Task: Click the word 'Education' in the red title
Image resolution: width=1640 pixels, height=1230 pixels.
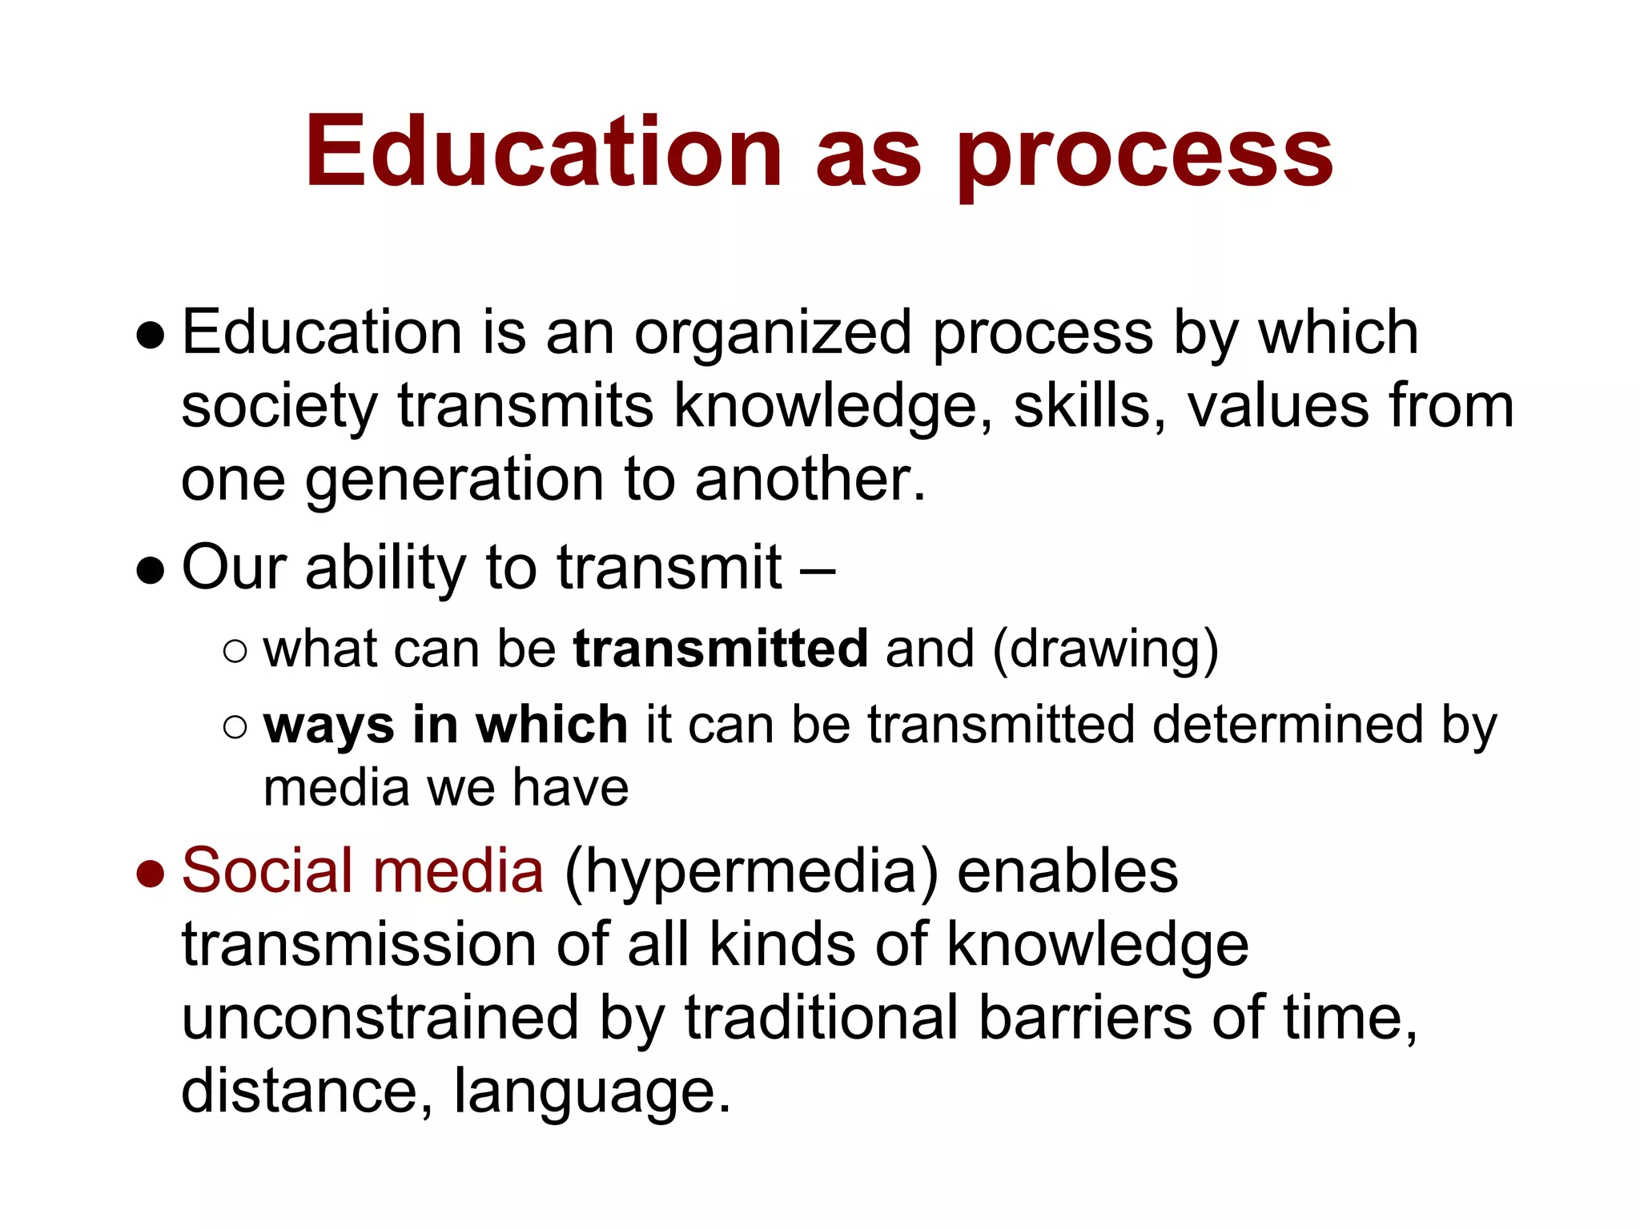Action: tap(543, 152)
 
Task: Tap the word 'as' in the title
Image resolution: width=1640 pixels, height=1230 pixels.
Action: tap(869, 156)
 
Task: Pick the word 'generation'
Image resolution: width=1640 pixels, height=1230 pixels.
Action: tap(453, 482)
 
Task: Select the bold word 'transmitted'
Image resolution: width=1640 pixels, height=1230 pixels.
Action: tap(721, 648)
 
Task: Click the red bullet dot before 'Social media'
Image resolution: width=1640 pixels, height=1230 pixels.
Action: tap(151, 874)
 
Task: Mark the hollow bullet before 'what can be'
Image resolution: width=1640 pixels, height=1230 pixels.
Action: tap(235, 652)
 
